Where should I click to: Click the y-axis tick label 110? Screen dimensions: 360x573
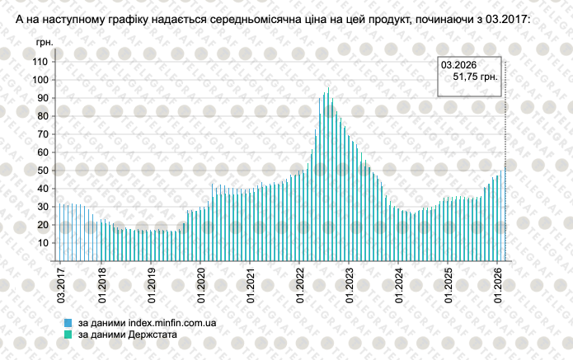pos(41,62)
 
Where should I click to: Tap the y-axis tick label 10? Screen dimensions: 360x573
pos(44,243)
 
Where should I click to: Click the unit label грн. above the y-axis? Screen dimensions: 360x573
pos(45,41)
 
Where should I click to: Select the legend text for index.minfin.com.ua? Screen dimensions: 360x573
pos(147,322)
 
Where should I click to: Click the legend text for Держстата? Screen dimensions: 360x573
pos(127,334)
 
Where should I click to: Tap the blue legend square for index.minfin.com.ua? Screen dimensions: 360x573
pos(68,322)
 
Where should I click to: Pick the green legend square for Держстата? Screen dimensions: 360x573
pos(68,334)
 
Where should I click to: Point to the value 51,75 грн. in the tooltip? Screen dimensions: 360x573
pos(477,77)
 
